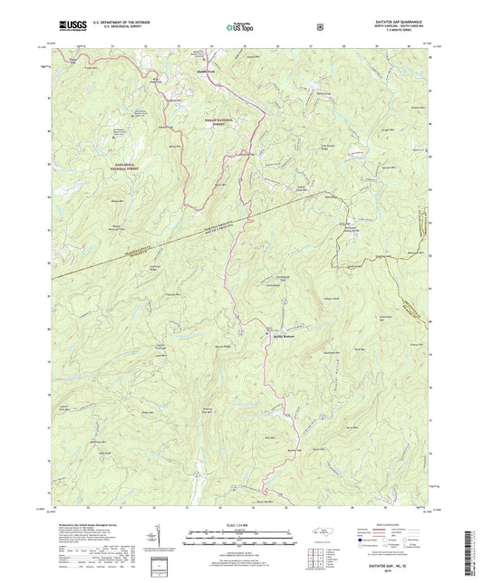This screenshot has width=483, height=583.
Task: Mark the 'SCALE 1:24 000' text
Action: point(240,525)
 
